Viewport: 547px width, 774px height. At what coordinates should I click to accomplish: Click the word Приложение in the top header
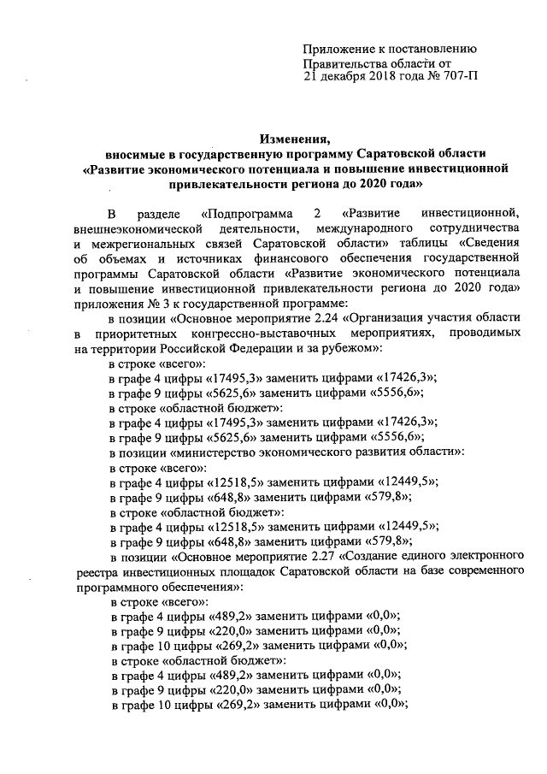(341, 50)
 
